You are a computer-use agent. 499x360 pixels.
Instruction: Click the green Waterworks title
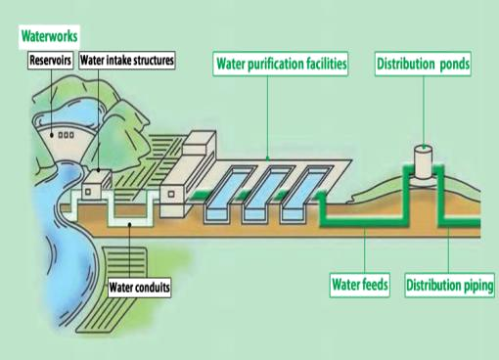pos(50,36)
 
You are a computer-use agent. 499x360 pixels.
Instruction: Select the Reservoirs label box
pos(50,60)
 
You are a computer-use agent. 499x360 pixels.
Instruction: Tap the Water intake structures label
pos(127,60)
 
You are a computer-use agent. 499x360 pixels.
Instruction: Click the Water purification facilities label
pos(281,64)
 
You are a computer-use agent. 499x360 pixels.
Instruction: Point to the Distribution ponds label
pos(423,64)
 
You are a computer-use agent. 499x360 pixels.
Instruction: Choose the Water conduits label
pos(139,288)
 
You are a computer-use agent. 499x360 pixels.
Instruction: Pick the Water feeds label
pos(360,285)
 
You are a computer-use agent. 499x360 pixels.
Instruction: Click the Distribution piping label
pos(450,286)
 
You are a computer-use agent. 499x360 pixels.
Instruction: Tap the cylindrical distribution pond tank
pos(424,162)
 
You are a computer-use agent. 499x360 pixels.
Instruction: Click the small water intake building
pos(96,184)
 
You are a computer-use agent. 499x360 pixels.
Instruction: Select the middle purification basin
pos(266,194)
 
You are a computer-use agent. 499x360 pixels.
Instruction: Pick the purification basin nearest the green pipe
pos(304,194)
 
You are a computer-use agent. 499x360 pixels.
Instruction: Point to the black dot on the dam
pos(52,135)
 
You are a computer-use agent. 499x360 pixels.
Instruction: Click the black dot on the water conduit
pos(129,224)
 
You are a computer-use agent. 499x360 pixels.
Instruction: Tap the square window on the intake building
pos(88,192)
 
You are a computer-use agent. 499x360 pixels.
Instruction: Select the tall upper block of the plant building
pos(199,143)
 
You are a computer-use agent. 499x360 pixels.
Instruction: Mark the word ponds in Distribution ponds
pos(455,65)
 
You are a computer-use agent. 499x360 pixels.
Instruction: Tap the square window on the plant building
pos(171,194)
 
